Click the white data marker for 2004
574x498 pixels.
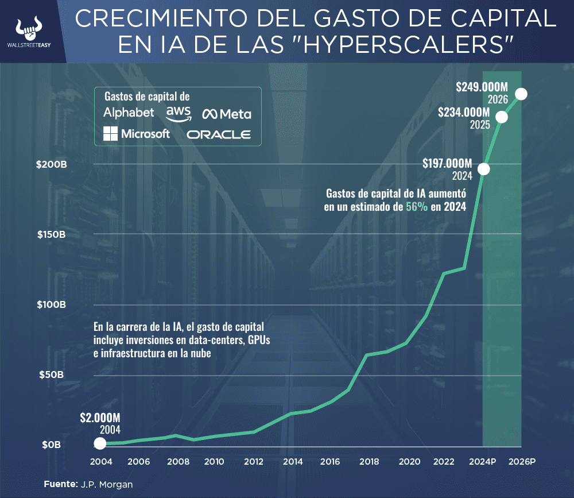[100, 443]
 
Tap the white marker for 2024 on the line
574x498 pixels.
[483, 169]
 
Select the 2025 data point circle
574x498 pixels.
[502, 117]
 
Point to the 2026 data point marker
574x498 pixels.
[521, 94]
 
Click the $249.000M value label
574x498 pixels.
[483, 87]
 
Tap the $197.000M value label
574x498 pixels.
[447, 163]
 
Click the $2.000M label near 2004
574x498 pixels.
[100, 418]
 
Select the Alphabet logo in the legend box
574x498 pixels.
[129, 112]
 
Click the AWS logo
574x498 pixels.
[179, 113]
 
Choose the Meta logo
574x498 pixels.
[226, 114]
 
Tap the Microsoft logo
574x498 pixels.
[137, 134]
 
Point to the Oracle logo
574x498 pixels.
[219, 134]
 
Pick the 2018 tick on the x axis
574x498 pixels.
[369, 461]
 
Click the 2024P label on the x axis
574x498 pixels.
[483, 461]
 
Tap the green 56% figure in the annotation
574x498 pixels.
[417, 207]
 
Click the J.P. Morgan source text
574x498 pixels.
[106, 484]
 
